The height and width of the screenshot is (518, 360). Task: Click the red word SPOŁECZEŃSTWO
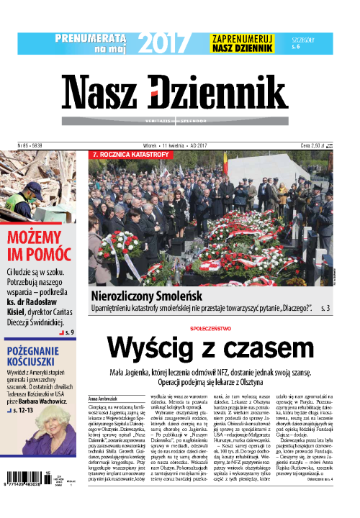[x=211, y=327]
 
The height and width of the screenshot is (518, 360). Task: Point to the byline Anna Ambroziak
[x=102, y=398]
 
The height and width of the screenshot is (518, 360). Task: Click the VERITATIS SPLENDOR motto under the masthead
[x=184, y=121]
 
